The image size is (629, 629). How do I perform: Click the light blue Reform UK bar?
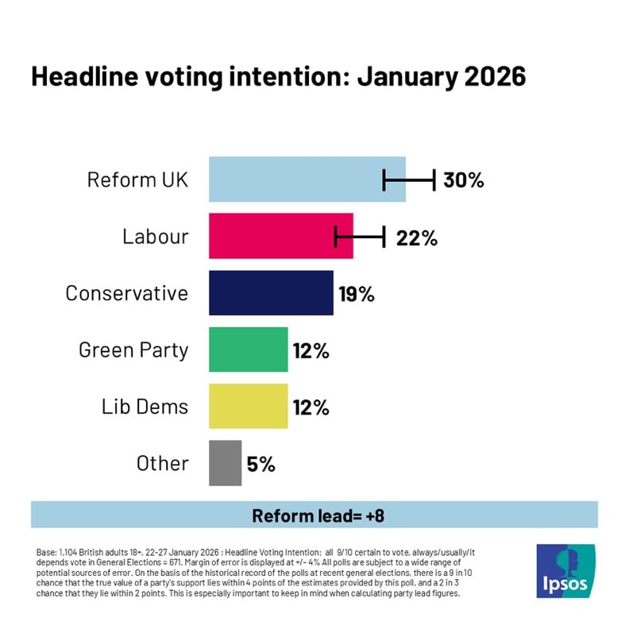[307, 179]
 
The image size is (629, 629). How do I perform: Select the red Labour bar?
[280, 236]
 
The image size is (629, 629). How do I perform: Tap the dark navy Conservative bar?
[271, 293]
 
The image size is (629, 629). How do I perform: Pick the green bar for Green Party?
[248, 349]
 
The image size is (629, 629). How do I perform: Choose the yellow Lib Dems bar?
[248, 407]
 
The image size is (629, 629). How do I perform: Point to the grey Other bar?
[225, 463]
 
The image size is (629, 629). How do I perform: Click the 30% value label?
[464, 180]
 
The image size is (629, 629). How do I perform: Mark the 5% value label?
[260, 464]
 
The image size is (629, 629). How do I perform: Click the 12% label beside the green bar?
[310, 350]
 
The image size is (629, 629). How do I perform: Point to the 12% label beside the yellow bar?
[310, 407]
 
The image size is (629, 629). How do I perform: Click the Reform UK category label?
[137, 179]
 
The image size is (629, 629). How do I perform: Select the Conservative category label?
[127, 293]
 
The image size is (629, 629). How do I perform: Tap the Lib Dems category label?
[145, 407]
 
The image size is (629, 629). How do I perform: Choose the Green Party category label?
[133, 349]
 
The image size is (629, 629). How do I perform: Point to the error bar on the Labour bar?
[360, 236]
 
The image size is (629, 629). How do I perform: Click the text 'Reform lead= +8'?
[314, 515]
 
